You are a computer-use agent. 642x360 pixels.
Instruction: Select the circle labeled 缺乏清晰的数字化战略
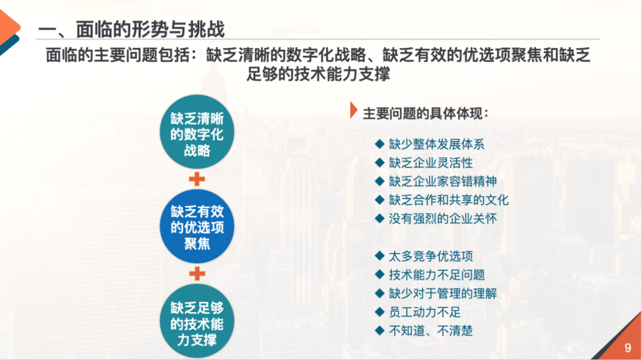pos(197,134)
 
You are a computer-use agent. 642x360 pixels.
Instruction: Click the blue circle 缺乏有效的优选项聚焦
pos(197,227)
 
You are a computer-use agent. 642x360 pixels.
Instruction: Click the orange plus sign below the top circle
pos(197,179)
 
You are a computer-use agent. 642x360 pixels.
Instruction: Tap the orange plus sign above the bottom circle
pos(197,273)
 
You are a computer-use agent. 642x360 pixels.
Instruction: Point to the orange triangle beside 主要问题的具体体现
pos(354,110)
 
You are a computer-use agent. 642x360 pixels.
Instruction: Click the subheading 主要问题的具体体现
pos(426,113)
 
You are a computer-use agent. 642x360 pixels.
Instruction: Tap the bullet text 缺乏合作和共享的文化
pos(449,200)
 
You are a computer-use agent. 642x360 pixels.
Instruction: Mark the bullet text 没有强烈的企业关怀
pos(443,219)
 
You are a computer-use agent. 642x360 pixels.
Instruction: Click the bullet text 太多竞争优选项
pos(431,257)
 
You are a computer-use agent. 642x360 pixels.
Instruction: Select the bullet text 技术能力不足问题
pos(437,275)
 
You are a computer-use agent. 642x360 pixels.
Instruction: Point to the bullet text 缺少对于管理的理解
pos(443,293)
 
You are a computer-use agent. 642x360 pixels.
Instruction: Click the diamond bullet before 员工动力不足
pos(380,312)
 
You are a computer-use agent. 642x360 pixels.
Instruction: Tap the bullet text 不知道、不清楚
pos(431,331)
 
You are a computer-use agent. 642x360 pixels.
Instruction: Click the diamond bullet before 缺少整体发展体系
pos(380,144)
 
